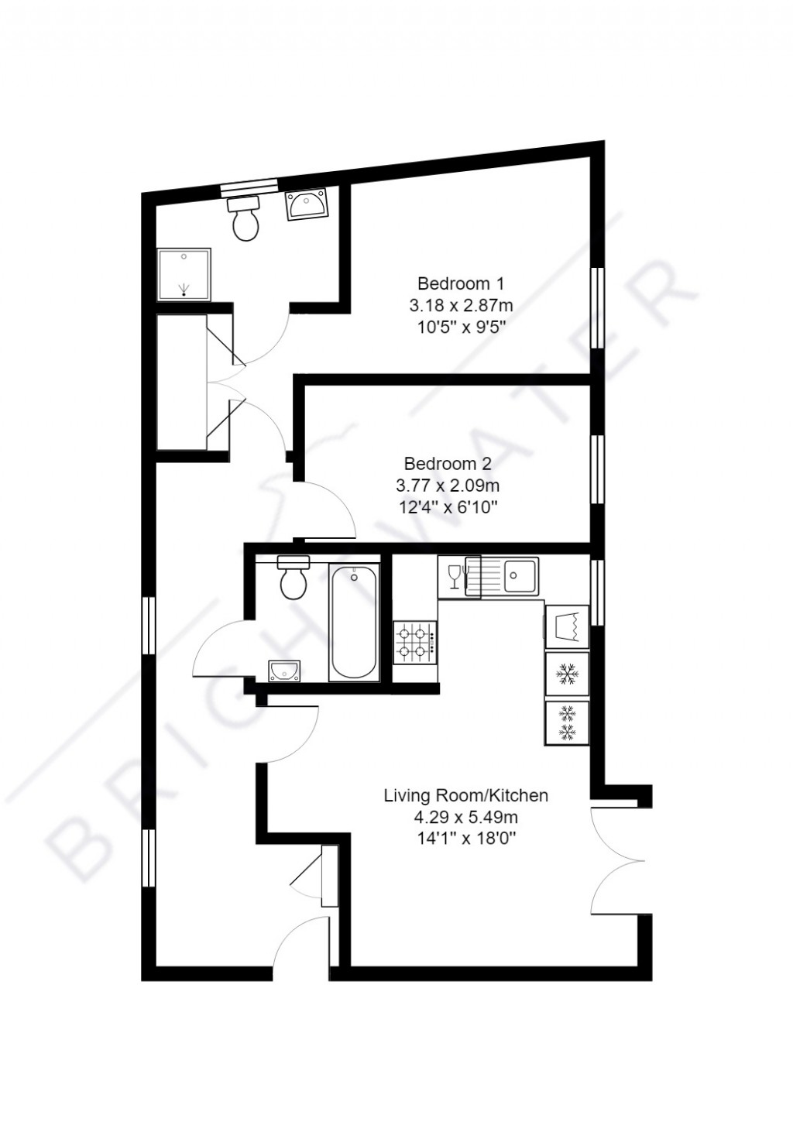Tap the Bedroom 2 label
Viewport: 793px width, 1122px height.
tap(448, 464)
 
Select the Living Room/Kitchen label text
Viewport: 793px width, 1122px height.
tap(466, 795)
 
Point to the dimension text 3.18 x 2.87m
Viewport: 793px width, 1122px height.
tap(461, 305)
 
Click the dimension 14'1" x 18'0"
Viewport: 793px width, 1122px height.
tap(466, 838)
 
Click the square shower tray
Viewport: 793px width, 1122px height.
tap(184, 274)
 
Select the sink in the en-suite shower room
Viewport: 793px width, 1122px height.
tap(307, 205)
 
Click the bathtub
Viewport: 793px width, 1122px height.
tap(354, 622)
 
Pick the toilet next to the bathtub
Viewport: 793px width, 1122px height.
tap(294, 579)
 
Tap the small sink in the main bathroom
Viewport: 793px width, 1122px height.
tap(284, 671)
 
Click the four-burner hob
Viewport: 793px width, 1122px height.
tap(415, 643)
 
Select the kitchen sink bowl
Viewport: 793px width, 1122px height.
tap(521, 575)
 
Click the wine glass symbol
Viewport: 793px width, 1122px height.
tap(454, 576)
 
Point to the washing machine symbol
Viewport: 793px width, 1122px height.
tap(567, 626)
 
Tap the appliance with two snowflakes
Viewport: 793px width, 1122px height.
tap(567, 722)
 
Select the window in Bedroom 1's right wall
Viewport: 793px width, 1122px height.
tap(597, 307)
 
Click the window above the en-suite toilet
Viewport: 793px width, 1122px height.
tap(248, 185)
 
